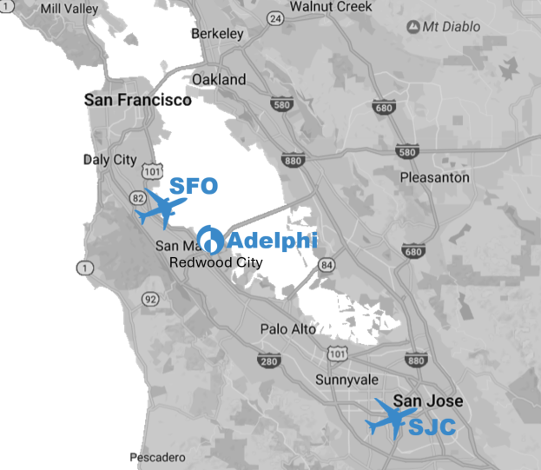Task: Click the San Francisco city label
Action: (x=137, y=100)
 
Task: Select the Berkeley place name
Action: (x=216, y=34)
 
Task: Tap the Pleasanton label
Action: (x=434, y=177)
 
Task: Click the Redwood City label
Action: (x=215, y=261)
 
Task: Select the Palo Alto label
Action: (x=288, y=329)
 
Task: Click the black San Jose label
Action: (x=428, y=400)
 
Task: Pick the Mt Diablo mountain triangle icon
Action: (x=413, y=26)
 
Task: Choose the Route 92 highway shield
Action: (x=151, y=300)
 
